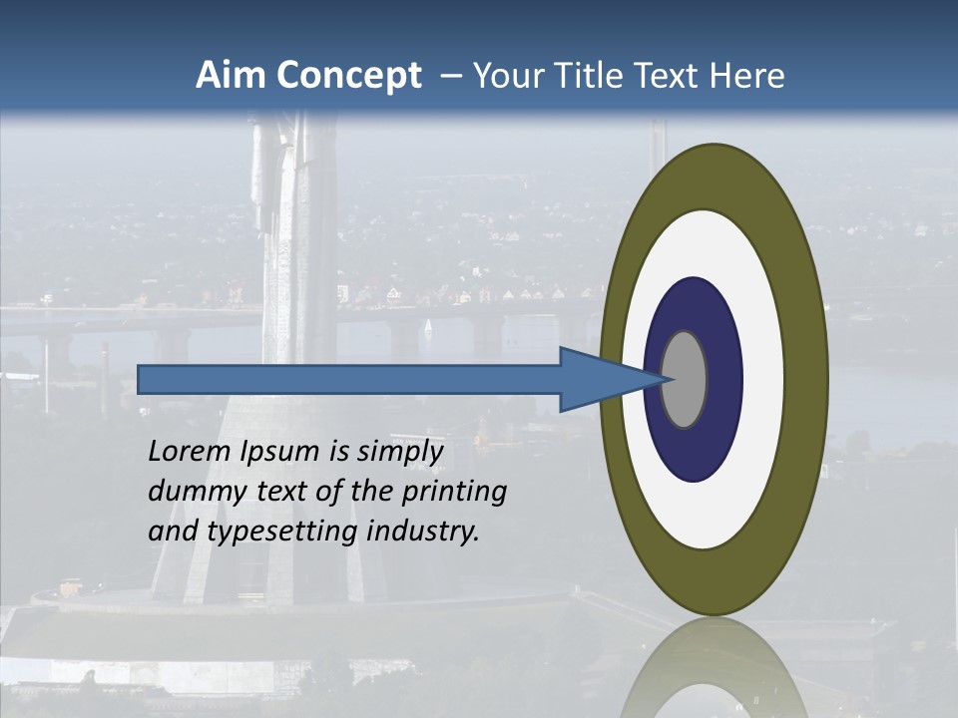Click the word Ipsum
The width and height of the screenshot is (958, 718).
point(282,453)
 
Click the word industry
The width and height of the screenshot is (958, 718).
point(424,532)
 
